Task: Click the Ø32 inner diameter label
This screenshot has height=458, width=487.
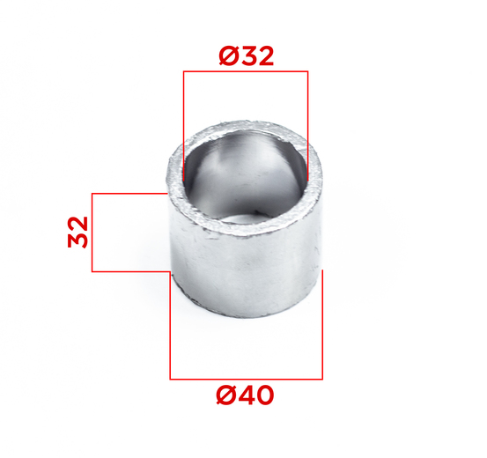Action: [x=247, y=56]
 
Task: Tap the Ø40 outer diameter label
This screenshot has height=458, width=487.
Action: [x=245, y=395]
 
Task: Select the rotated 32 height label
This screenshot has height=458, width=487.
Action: [x=77, y=233]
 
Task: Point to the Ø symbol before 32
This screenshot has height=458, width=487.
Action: [x=229, y=56]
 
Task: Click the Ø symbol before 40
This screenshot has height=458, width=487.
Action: [x=225, y=395]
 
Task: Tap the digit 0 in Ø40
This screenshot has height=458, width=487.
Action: [x=264, y=395]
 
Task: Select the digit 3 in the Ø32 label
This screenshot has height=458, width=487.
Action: [x=247, y=56]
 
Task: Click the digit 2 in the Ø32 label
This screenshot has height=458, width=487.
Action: [x=266, y=56]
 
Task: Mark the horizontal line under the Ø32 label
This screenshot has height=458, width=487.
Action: [x=246, y=71]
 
